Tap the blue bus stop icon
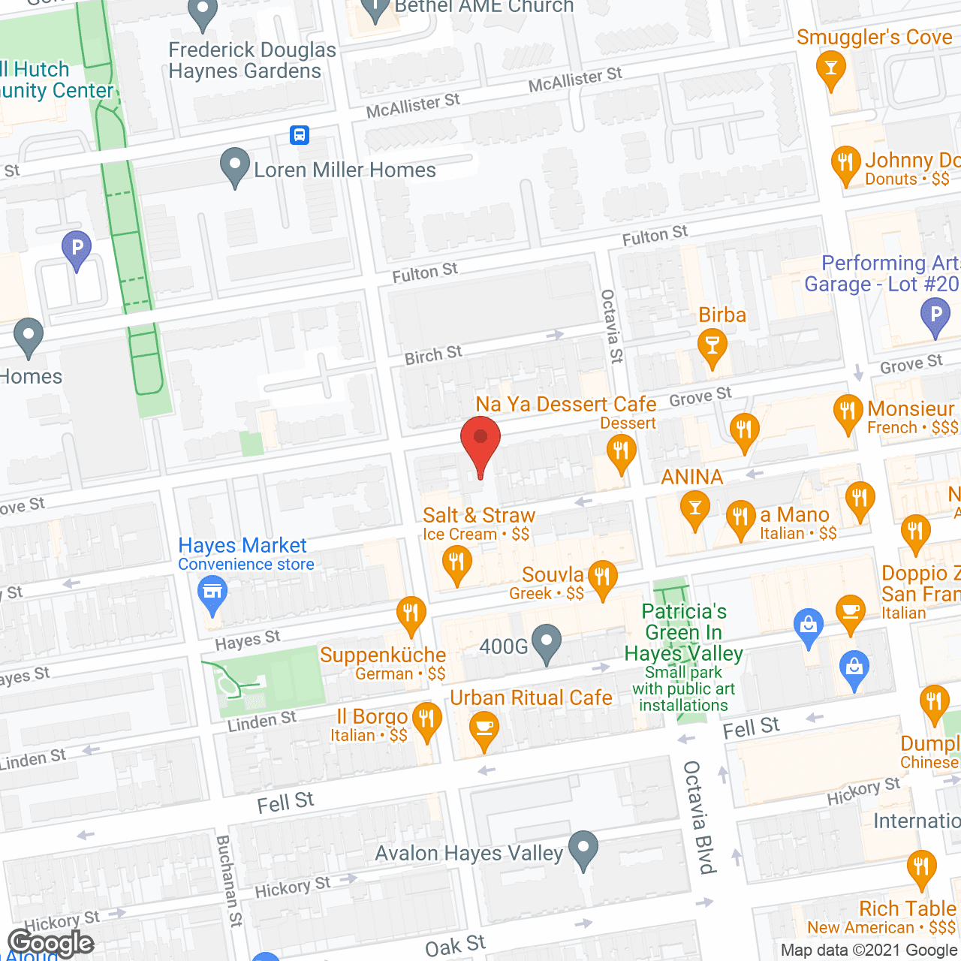(300, 135)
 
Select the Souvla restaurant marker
(602, 577)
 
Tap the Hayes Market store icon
(212, 592)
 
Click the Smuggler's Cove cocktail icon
(830, 68)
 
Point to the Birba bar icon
(712, 346)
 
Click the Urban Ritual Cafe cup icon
(484, 728)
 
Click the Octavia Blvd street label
(697, 818)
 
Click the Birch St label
(433, 355)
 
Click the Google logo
(51, 943)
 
